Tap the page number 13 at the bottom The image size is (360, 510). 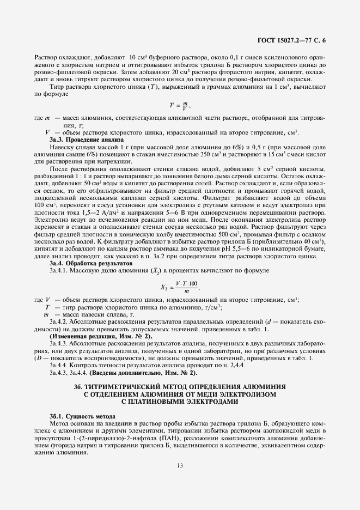(x=179, y=465)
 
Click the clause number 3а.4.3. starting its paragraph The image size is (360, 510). (x=60, y=345)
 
